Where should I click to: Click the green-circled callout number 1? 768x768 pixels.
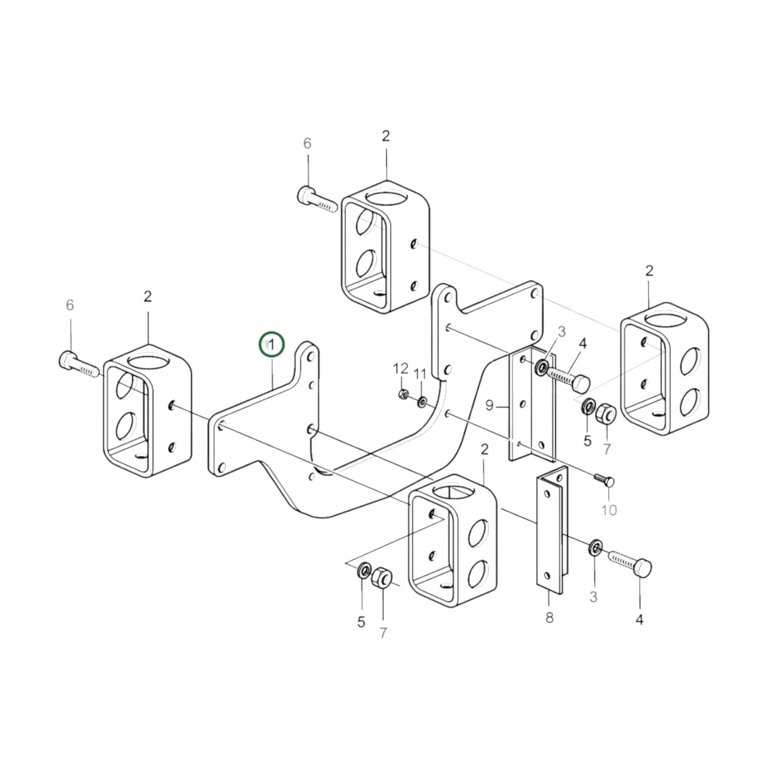[x=272, y=345]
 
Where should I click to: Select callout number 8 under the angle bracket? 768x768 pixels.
[x=549, y=618]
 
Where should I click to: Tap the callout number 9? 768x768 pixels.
[x=490, y=406]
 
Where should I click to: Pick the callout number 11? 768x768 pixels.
[x=420, y=374]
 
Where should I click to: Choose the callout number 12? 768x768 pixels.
[x=400, y=368]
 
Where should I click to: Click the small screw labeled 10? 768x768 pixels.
[x=605, y=480]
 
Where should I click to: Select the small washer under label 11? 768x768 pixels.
[x=421, y=400]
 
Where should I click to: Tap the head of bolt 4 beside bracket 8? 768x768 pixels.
[x=642, y=568]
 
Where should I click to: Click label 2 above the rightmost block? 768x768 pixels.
[x=649, y=271]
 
